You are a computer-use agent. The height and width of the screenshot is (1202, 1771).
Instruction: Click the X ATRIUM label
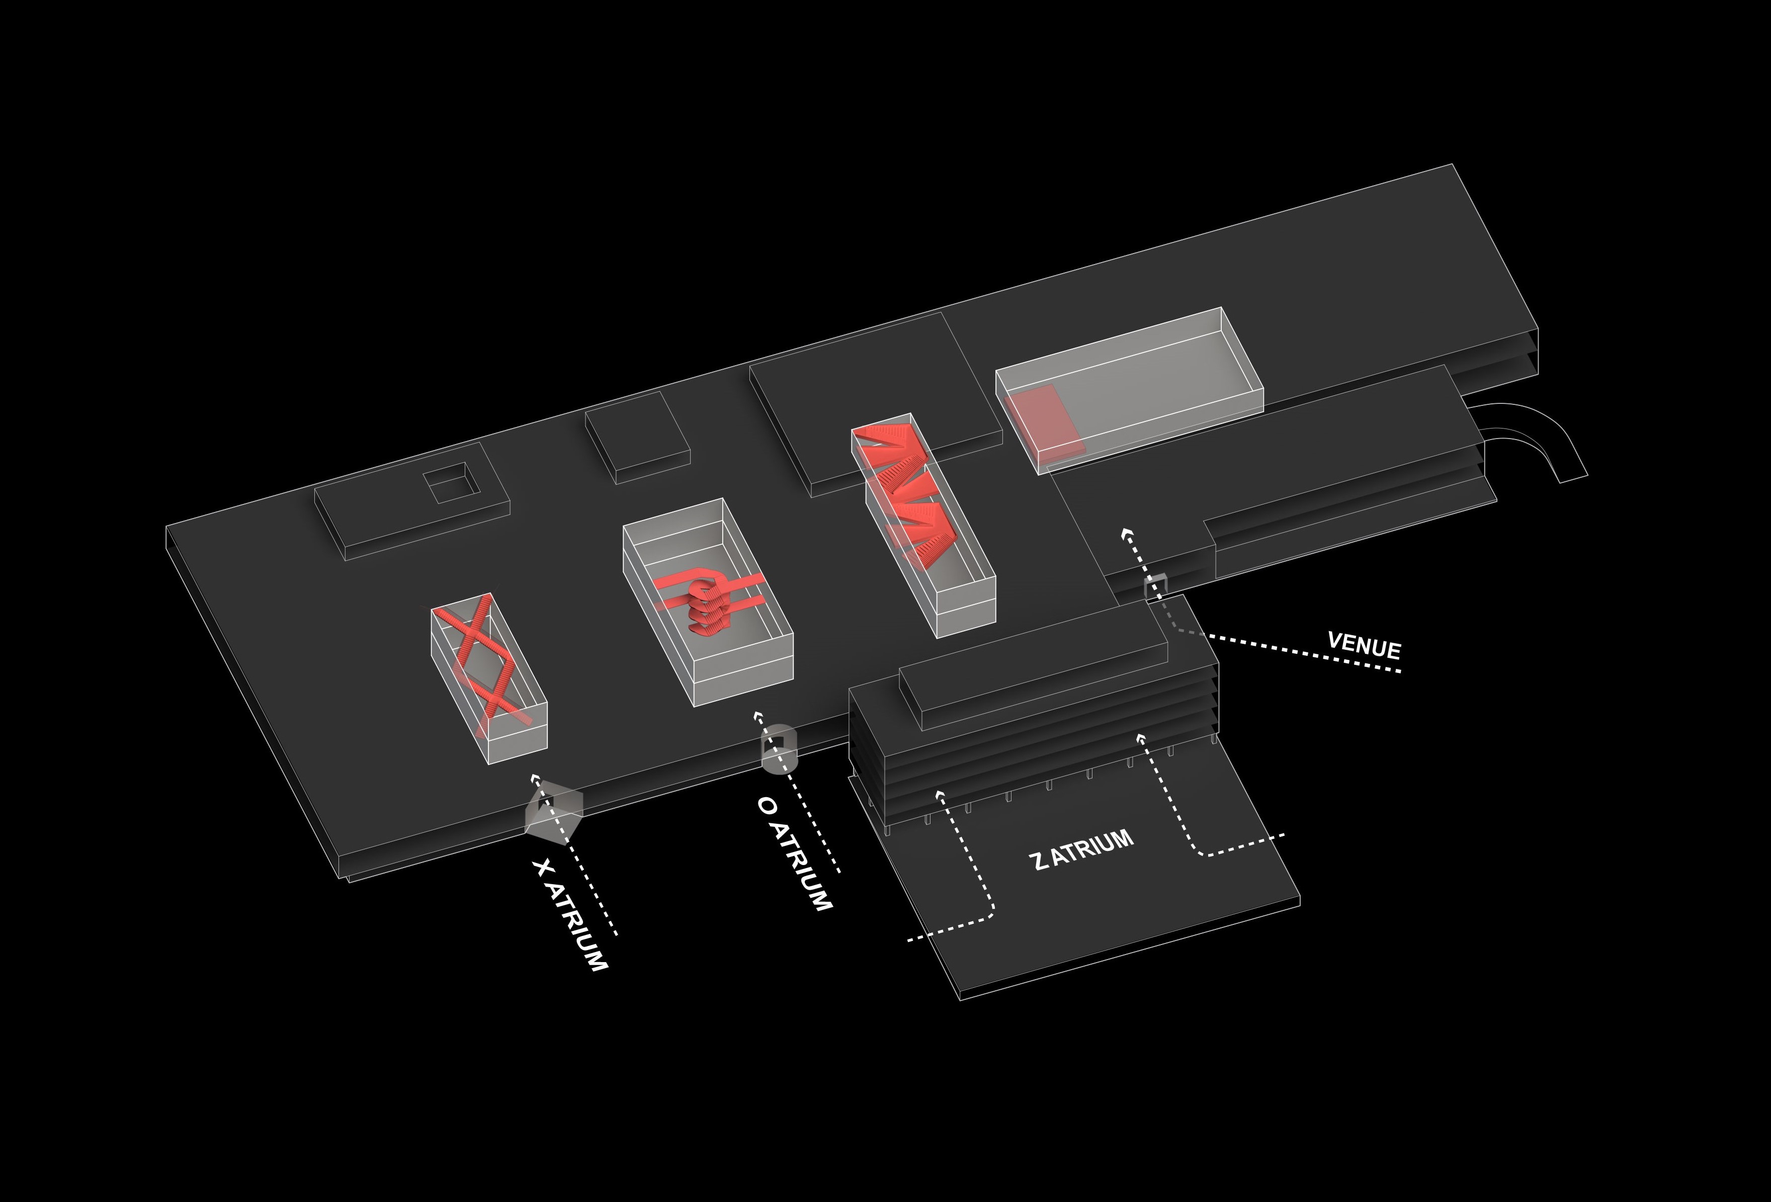click(x=570, y=915)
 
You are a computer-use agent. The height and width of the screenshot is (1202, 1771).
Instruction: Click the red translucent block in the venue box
click(x=1043, y=421)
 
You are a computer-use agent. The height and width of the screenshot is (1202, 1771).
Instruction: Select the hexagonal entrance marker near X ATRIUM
click(x=554, y=813)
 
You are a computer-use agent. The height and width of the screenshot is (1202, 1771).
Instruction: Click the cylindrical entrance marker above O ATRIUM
click(x=778, y=749)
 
